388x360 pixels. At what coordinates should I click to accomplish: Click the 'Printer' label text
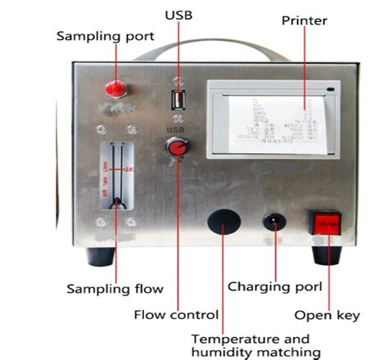[x=305, y=20]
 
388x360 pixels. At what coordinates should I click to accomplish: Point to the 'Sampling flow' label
[x=115, y=289]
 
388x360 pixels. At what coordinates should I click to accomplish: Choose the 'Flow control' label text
[x=176, y=314]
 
